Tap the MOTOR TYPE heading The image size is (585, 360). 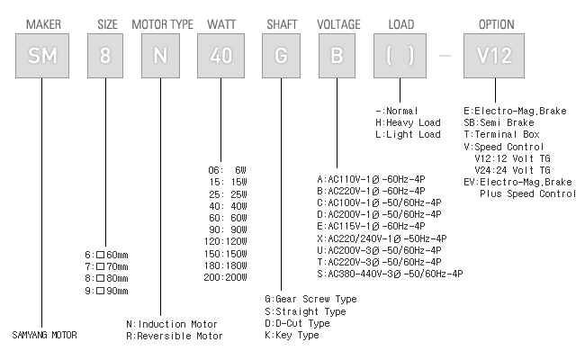pyautogui.click(x=162, y=22)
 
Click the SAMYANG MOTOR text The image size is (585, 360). pyautogui.click(x=45, y=336)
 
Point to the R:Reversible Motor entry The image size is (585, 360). pyautogui.click(x=175, y=336)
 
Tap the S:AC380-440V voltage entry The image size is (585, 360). pyautogui.click(x=390, y=273)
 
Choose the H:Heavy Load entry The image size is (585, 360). pyautogui.click(x=408, y=122)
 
